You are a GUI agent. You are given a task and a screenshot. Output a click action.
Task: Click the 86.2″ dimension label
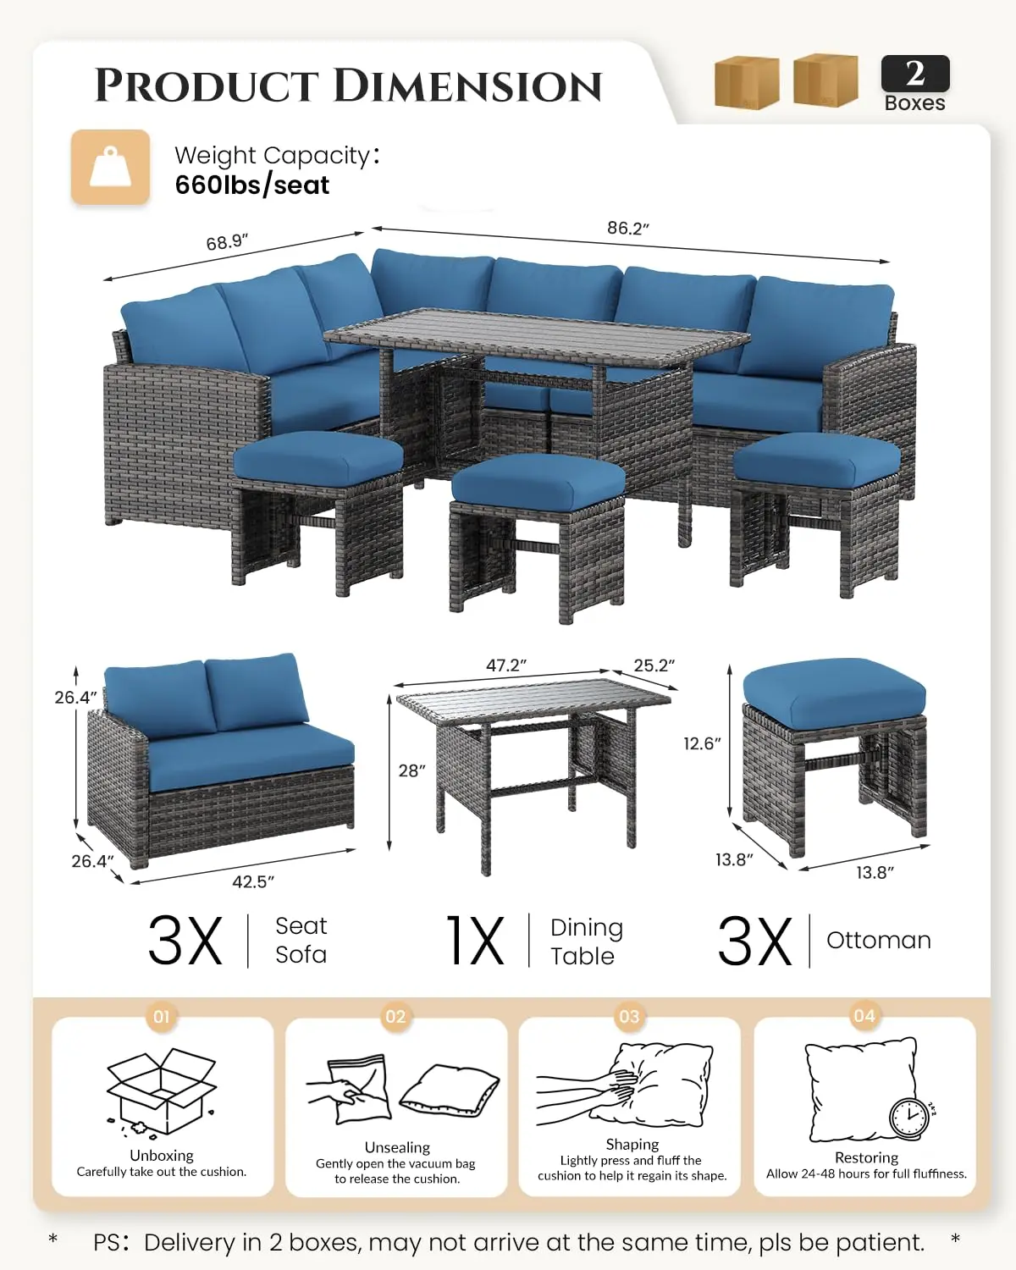point(627,228)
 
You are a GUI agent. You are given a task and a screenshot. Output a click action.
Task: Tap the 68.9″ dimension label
point(227,242)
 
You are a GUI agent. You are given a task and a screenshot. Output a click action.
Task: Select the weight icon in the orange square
point(110,167)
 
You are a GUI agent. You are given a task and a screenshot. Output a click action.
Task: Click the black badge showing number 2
point(915,74)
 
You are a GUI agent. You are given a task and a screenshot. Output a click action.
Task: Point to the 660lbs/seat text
point(252,185)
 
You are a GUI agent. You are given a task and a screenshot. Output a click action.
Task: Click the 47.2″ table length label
point(506,665)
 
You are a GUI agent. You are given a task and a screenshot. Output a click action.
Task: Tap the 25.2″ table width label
point(654,665)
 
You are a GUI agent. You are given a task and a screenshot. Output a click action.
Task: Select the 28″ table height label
point(412,770)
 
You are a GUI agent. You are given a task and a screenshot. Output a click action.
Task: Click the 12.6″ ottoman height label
point(702,743)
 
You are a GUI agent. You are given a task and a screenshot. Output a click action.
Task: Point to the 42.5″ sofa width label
point(253,881)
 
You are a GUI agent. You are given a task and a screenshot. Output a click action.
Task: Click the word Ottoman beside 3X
point(879,940)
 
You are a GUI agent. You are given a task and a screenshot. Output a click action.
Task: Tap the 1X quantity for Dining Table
point(477,940)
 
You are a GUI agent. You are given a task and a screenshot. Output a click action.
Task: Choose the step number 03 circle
point(629,1016)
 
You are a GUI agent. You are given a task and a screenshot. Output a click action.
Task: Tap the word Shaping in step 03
point(632,1145)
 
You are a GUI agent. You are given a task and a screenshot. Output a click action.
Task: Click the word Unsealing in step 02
point(397,1147)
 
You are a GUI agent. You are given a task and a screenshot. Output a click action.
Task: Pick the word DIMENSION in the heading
point(467,86)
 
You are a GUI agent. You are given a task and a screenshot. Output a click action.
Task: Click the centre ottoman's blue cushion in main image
point(538,480)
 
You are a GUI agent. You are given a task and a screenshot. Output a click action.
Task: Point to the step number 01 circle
point(161,1016)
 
